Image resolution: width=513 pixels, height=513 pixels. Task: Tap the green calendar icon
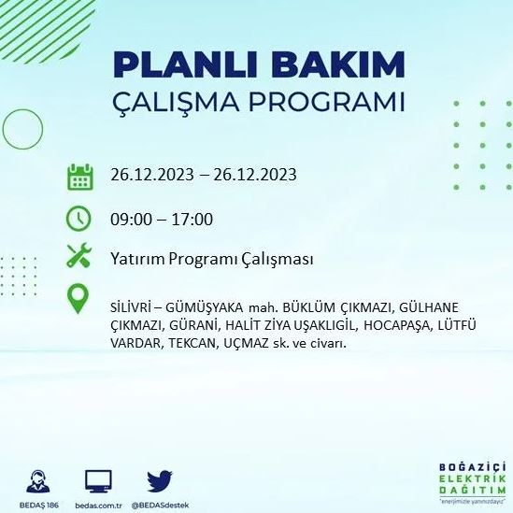tap(79, 176)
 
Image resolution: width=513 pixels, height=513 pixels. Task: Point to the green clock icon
tap(79, 219)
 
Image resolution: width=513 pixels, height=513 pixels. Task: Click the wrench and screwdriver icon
tap(79, 257)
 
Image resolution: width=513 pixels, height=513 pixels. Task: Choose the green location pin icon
tap(79, 300)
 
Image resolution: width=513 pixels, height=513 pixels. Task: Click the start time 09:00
tap(130, 220)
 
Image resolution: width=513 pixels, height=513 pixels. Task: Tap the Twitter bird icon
tap(160, 480)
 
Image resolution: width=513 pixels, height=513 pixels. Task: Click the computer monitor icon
tap(98, 480)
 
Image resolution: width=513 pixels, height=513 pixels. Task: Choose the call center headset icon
tap(39, 479)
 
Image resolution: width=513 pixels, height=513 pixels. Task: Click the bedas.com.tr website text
tap(98, 505)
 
